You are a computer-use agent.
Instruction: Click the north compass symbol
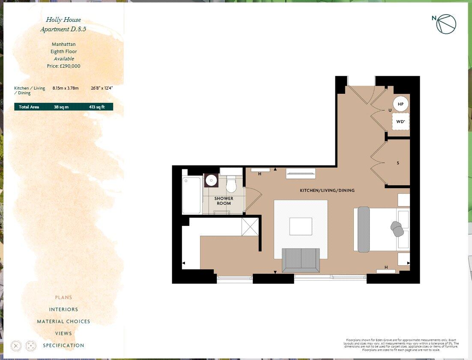pyautogui.click(x=446, y=24)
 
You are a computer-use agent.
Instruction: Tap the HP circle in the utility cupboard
pyautogui.click(x=400, y=104)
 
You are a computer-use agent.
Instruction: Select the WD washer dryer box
pyautogui.click(x=400, y=122)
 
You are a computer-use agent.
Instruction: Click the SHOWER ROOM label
pyautogui.click(x=224, y=201)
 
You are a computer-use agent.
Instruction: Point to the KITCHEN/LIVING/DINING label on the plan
pyautogui.click(x=327, y=190)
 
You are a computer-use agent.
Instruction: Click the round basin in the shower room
pyautogui.click(x=211, y=180)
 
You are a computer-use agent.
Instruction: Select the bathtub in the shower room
pyautogui.click(x=191, y=195)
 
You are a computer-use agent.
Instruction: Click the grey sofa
pyautogui.click(x=301, y=260)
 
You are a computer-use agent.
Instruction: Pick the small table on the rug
pyautogui.click(x=301, y=226)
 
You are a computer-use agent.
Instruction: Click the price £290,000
pyautogui.click(x=63, y=66)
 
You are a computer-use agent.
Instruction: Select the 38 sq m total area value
pyautogui.click(x=61, y=107)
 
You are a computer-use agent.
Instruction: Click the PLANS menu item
pyautogui.click(x=63, y=297)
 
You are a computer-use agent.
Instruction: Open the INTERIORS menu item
pyautogui.click(x=63, y=309)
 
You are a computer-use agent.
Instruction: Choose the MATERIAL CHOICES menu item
pyautogui.click(x=63, y=321)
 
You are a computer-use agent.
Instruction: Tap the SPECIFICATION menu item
pyautogui.click(x=63, y=345)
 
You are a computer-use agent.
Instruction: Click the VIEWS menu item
pyautogui.click(x=63, y=333)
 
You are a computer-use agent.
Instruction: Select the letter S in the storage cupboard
pyautogui.click(x=398, y=163)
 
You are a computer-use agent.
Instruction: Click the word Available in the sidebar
pyautogui.click(x=64, y=59)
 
